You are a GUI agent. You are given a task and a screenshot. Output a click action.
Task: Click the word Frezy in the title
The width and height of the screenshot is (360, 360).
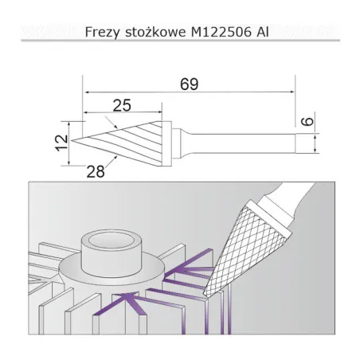pyautogui.click(x=102, y=33)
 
